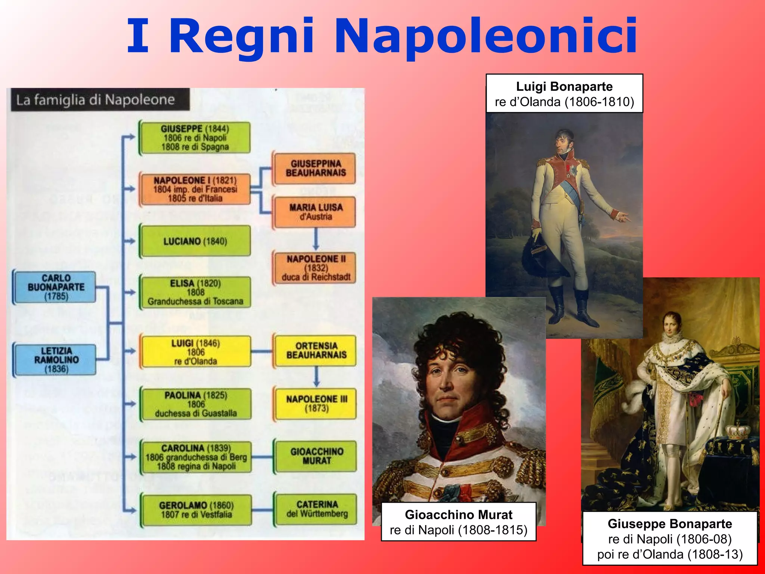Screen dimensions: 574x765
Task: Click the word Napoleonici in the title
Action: coord(486,37)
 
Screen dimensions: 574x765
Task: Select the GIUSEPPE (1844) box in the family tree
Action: coord(195,138)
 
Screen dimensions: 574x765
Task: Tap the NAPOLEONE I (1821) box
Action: coord(195,189)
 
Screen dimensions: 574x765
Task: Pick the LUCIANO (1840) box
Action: coord(195,241)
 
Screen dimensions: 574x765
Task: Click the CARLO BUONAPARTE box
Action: coord(56,287)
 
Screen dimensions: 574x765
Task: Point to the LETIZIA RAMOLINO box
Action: coord(56,359)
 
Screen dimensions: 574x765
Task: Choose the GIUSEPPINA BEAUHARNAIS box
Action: coord(316,168)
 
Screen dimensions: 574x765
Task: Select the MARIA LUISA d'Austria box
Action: coord(316,212)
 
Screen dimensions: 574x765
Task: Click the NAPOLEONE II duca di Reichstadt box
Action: coord(316,268)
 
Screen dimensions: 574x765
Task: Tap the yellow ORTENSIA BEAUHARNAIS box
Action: coord(316,350)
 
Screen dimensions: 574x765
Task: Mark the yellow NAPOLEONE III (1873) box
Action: coord(316,404)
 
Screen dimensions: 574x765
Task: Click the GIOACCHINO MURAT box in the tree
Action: coord(316,456)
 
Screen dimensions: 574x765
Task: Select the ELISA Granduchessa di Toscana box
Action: coord(195,292)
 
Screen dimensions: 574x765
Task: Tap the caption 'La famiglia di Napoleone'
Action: coord(96,100)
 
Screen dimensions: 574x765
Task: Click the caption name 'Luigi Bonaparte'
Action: coord(564,87)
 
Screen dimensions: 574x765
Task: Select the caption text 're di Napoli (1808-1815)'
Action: coord(458,530)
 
